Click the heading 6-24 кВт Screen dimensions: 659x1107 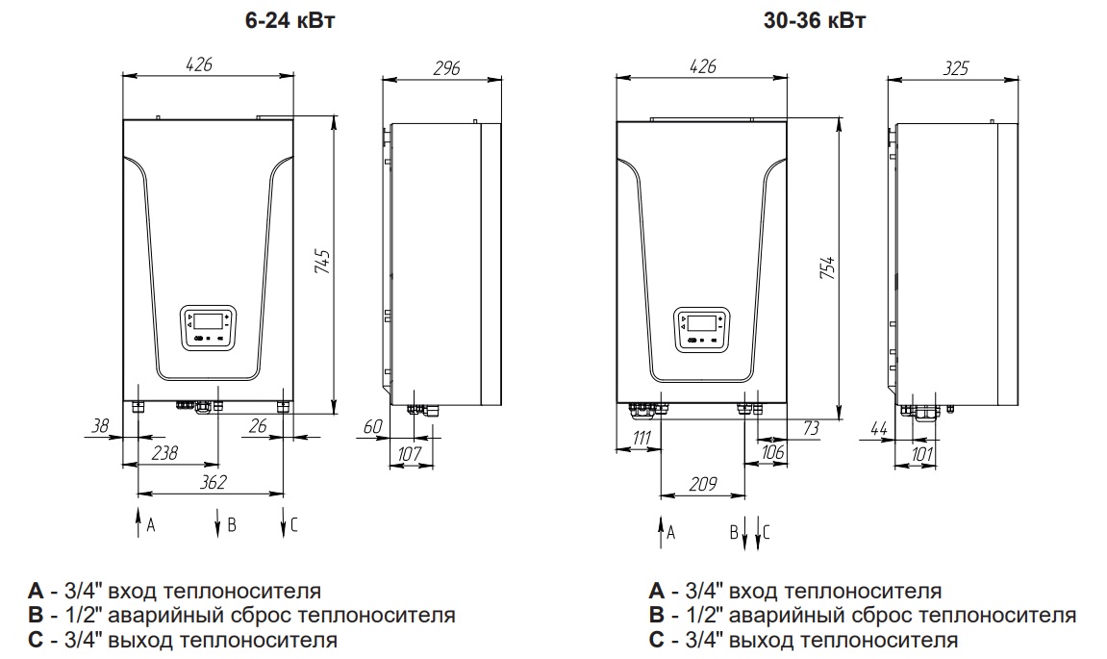[290, 21]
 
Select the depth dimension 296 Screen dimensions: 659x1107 [445, 67]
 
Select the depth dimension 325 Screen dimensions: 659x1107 [955, 67]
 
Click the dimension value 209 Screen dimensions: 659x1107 [701, 485]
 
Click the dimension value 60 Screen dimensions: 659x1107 [372, 426]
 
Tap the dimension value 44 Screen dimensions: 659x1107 [878, 426]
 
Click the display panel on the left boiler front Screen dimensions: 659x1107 [208, 327]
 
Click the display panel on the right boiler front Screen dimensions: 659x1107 [701, 327]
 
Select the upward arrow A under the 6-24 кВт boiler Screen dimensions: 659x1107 [138, 523]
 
